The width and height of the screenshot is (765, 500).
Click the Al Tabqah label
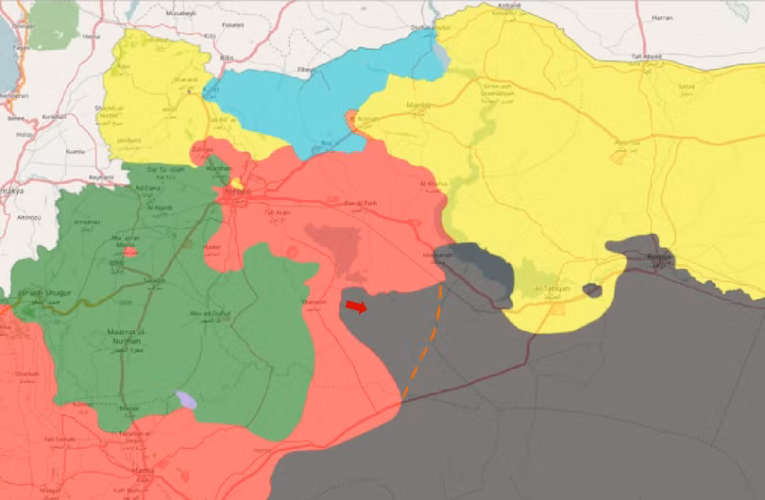tap(552, 290)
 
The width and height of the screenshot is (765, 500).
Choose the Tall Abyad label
tap(647, 57)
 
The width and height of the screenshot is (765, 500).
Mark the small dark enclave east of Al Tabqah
tap(592, 290)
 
